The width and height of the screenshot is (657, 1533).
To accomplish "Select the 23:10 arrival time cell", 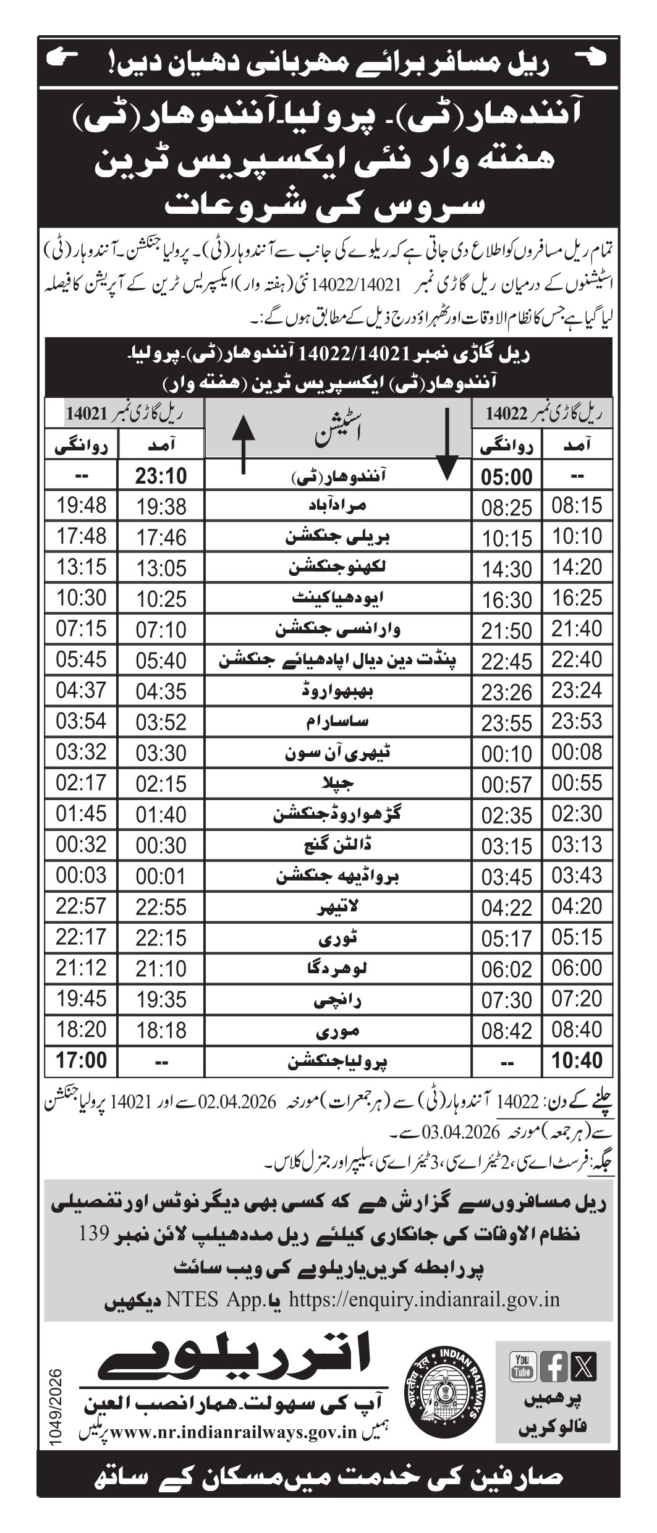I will click(x=160, y=477).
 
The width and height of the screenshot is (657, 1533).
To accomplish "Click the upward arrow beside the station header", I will click(x=242, y=445).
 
